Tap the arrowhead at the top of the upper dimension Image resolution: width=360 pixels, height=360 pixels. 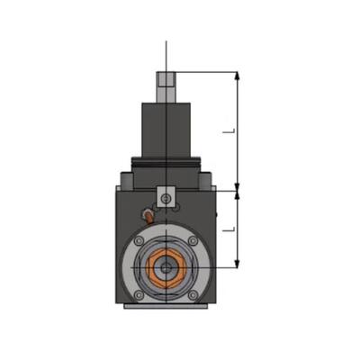point(238,76)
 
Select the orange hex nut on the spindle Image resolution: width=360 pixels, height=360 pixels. point(166,267)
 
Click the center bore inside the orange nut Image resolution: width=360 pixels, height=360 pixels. point(166,267)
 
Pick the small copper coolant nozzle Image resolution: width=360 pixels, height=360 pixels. point(146,215)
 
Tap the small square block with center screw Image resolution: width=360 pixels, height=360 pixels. point(166,196)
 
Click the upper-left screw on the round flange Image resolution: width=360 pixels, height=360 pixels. point(141,242)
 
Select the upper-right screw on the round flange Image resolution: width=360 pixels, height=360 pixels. point(192,242)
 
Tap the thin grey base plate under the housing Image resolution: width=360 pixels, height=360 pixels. point(166,306)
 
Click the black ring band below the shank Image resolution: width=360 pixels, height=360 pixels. point(166,163)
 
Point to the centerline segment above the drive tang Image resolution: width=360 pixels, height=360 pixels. point(166,56)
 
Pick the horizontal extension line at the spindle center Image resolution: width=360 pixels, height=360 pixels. point(220,267)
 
